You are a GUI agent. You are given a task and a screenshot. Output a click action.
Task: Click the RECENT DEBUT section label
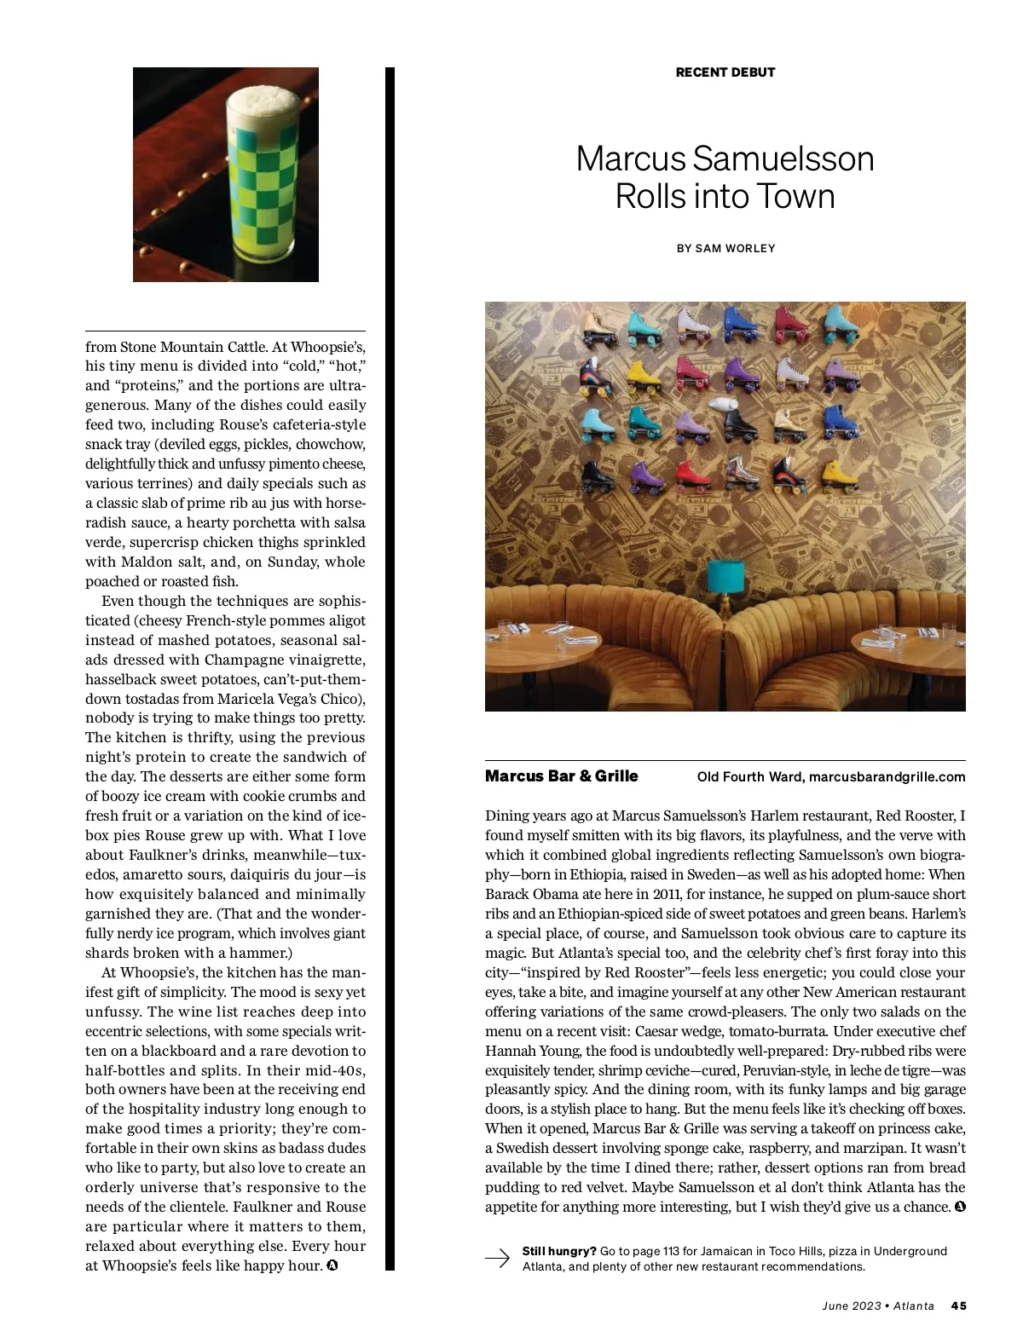click(x=725, y=72)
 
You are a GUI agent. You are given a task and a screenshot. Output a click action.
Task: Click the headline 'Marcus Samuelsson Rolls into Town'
click(x=725, y=177)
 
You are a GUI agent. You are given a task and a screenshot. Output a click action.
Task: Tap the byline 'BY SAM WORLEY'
click(x=725, y=249)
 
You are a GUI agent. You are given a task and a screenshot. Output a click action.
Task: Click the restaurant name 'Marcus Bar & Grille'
click(x=561, y=776)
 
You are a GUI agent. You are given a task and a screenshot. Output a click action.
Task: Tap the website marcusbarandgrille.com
click(x=887, y=777)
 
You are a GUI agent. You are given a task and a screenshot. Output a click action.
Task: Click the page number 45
click(x=958, y=1306)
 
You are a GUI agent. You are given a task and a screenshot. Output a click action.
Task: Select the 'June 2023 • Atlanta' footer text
click(x=878, y=1306)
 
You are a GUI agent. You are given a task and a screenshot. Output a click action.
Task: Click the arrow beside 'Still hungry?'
click(x=497, y=1259)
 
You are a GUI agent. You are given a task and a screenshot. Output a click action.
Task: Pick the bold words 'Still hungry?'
click(x=559, y=1251)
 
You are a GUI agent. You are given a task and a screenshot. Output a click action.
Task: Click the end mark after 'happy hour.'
click(x=332, y=1265)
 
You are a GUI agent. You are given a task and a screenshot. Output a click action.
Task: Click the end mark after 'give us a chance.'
click(x=960, y=1207)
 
